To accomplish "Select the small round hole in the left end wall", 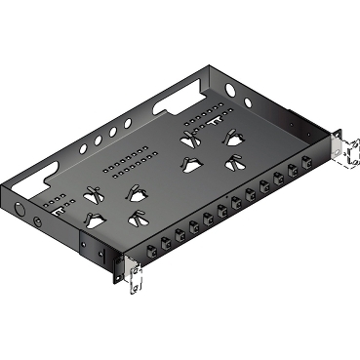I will coord(37,221).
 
